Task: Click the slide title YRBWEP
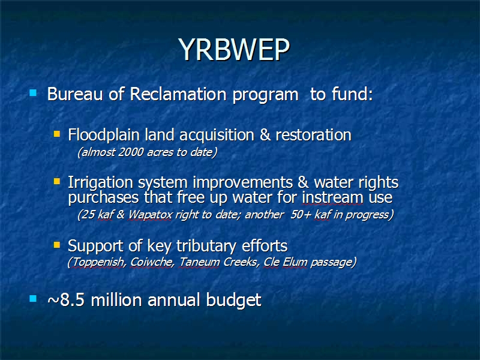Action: click(234, 50)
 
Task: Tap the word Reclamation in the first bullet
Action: click(178, 94)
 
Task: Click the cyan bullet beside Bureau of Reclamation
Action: click(33, 92)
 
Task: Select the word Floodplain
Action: click(104, 136)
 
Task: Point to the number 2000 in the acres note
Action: click(131, 152)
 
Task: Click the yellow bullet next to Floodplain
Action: click(57, 134)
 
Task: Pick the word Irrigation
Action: click(100, 183)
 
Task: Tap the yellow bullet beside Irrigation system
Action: click(57, 182)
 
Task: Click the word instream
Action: click(332, 197)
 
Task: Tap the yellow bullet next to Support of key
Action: click(57, 245)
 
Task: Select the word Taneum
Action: click(199, 262)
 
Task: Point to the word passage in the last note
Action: click(333, 263)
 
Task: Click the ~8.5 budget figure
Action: click(66, 299)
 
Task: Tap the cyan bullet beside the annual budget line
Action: click(33, 298)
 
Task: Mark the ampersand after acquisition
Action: click(265, 136)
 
